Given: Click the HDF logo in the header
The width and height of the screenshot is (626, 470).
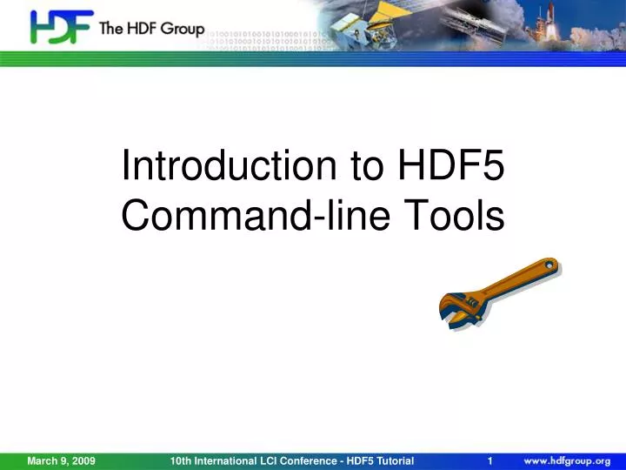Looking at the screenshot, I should pyautogui.click(x=61, y=26).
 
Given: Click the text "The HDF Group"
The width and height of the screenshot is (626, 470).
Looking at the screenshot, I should pyautogui.click(x=151, y=29).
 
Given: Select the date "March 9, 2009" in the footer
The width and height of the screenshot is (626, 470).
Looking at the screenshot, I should pyautogui.click(x=61, y=460).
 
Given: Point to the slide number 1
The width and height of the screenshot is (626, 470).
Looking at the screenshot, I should pyautogui.click(x=491, y=460).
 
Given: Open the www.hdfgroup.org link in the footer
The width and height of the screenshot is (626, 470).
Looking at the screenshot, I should pyautogui.click(x=566, y=460).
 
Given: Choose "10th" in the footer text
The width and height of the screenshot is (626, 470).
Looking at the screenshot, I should pyautogui.click(x=181, y=460).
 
